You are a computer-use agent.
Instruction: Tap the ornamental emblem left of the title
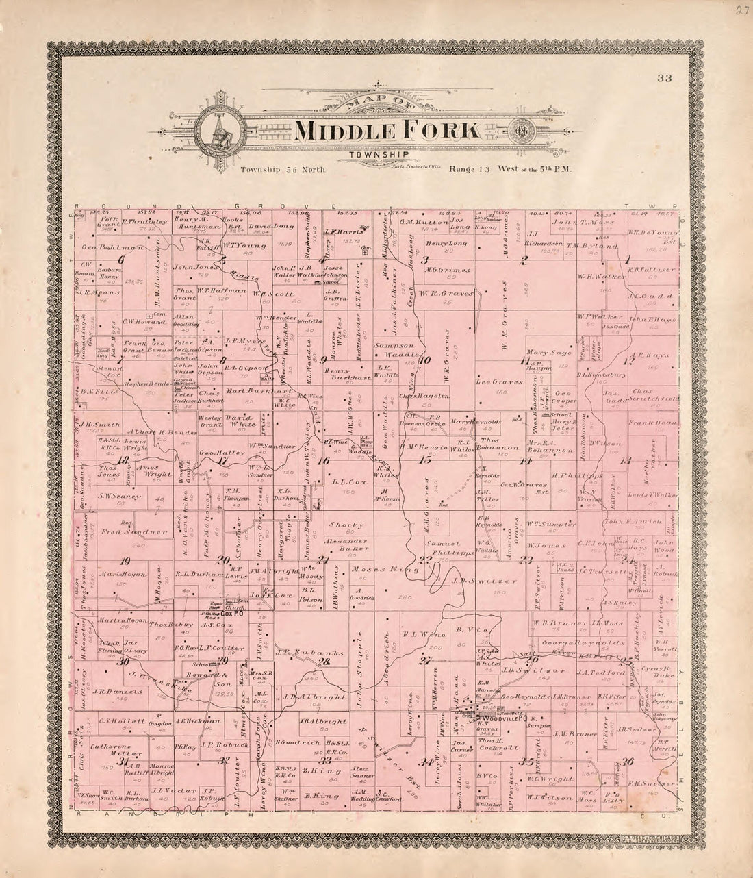[x=222, y=129]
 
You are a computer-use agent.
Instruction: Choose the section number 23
[x=526, y=560]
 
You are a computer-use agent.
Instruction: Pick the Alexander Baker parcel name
[x=350, y=544]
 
